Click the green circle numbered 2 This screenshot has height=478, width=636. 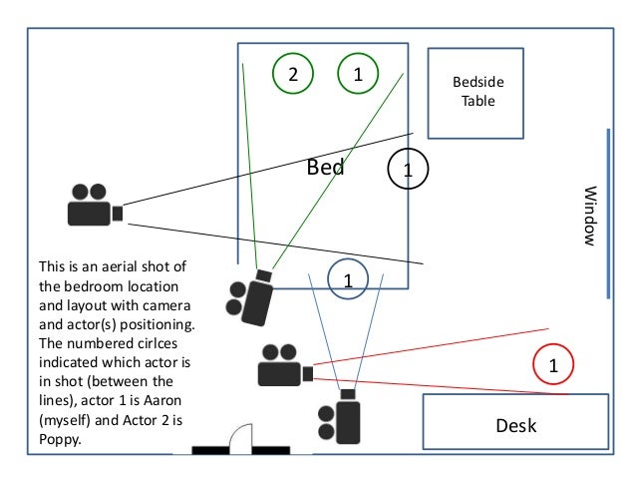coord(292,74)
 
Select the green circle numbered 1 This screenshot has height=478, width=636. coord(358,74)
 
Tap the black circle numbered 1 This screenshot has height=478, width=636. coord(407,167)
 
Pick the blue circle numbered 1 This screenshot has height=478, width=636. coord(348,277)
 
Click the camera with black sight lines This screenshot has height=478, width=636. coord(94,207)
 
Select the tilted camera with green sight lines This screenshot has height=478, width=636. coord(250,295)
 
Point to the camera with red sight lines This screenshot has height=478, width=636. coord(284,366)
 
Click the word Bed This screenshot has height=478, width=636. coord(325,168)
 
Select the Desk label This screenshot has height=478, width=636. coord(516,426)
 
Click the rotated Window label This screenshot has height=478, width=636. coord(589,216)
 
